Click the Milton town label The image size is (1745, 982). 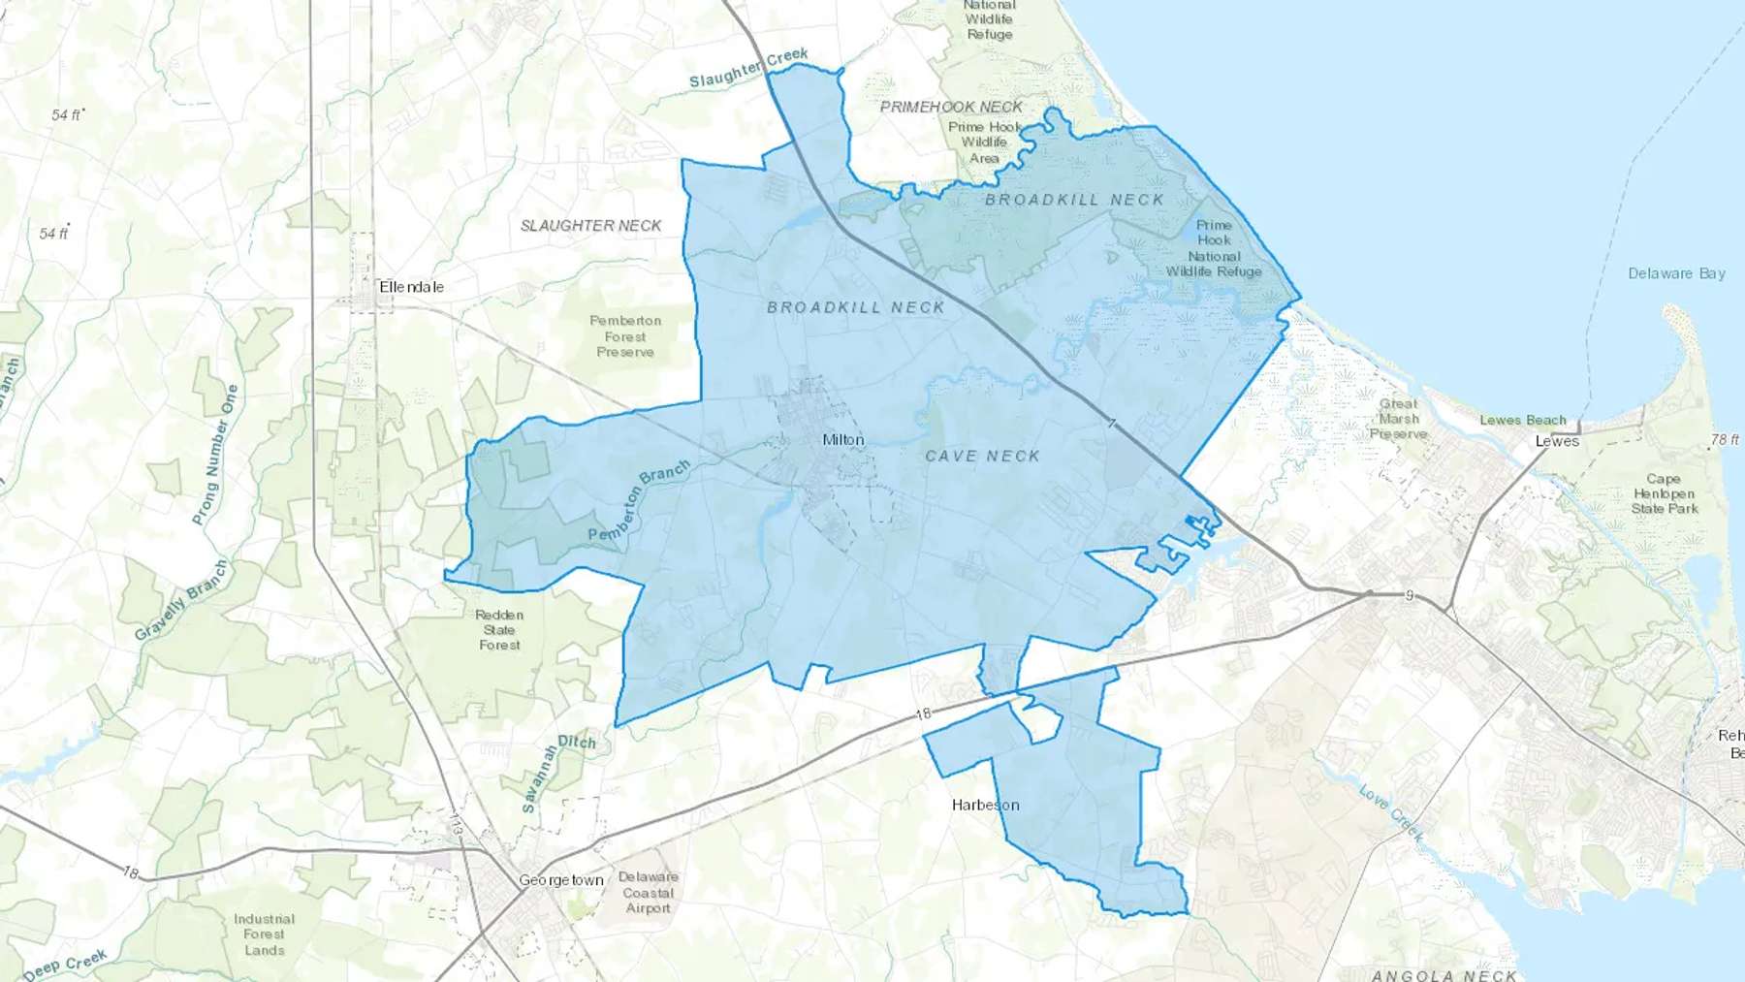pos(842,440)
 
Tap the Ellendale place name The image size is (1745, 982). pos(411,287)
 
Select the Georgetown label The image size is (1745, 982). pos(560,880)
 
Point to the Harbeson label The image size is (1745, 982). pos(985,805)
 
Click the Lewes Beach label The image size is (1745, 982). pos(1522,421)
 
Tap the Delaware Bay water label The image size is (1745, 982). pos(1676,273)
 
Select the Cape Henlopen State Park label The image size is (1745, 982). pos(1664,493)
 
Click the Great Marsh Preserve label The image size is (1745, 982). pos(1398,419)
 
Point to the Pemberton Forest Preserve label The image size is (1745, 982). pos(625,336)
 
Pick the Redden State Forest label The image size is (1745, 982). pos(499,630)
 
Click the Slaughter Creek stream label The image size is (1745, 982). pos(748,68)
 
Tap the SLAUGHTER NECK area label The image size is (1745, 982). pos(590,226)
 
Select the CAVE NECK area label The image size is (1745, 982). pos(982,456)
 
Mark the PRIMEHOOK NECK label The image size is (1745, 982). pos(951,107)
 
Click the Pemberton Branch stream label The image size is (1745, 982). pos(639,500)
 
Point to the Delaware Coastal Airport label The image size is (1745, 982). pos(648,893)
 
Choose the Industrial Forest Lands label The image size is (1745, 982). pos(264,934)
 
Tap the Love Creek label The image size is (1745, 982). pos(1391,812)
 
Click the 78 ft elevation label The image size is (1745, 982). pos(1725,440)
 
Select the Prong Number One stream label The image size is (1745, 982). pos(214,455)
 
